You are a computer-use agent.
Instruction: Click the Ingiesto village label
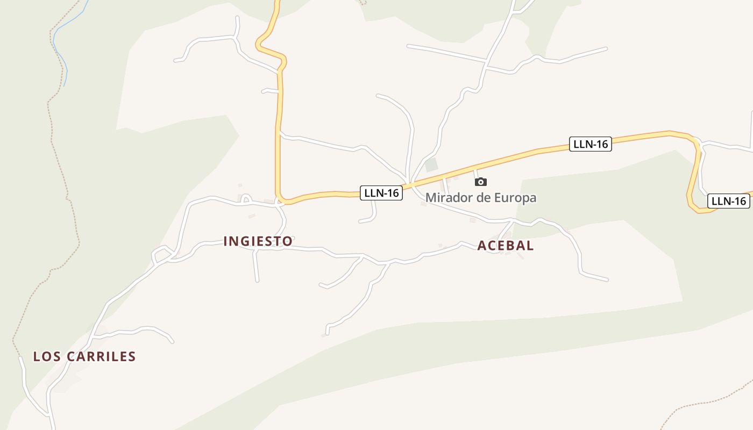pos(258,241)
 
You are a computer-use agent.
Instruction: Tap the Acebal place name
pos(506,246)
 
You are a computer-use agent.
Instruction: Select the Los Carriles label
pos(84,356)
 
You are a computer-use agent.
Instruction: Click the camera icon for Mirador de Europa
pos(481,182)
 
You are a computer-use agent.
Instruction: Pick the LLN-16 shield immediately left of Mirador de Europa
pos(381,193)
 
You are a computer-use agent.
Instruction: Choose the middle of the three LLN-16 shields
pos(591,144)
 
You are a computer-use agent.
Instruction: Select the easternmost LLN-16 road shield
pos(728,201)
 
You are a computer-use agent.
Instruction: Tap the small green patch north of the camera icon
pos(431,165)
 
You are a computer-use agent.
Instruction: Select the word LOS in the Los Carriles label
pos(45,356)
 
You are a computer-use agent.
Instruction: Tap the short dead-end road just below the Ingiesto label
pos(256,266)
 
